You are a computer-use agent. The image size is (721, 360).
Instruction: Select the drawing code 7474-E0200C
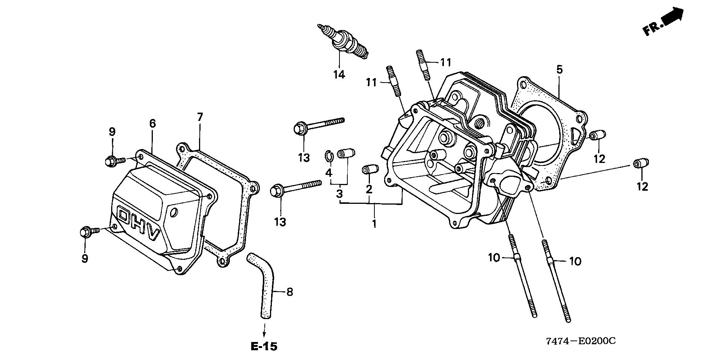point(581,341)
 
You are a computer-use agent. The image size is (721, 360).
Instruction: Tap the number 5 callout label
point(560,69)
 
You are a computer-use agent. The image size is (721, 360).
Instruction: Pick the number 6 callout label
point(152,123)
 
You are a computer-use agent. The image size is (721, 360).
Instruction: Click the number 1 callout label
point(374,224)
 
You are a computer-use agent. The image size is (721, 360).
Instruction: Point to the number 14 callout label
point(339,75)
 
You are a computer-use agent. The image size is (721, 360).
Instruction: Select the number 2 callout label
point(369,189)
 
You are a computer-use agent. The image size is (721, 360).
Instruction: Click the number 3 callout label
point(339,194)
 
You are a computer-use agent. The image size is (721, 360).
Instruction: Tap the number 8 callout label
point(289,292)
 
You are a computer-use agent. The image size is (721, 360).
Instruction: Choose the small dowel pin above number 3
point(346,154)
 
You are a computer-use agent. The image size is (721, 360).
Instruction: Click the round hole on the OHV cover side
point(173,213)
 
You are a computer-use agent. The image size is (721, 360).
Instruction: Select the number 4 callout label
point(329,173)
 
